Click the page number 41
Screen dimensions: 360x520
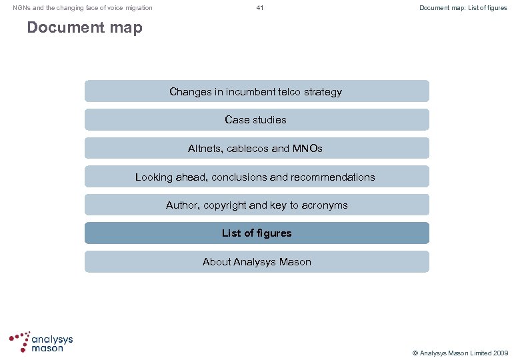point(260,8)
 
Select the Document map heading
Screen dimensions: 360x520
point(85,28)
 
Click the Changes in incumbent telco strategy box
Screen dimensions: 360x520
point(257,91)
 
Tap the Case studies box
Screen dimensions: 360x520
point(257,120)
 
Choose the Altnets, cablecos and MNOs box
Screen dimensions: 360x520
point(257,149)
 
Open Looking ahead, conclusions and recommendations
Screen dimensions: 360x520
point(257,177)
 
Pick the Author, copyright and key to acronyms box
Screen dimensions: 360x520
point(257,205)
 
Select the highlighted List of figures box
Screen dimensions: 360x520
point(257,233)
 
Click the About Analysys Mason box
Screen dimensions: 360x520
point(257,262)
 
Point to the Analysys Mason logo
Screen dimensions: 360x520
point(41,341)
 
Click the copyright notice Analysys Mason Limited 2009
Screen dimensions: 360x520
point(460,352)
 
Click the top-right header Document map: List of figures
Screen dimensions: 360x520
point(463,8)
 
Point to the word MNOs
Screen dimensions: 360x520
point(307,149)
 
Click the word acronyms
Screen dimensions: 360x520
point(326,205)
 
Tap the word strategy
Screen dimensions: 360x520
point(322,91)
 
